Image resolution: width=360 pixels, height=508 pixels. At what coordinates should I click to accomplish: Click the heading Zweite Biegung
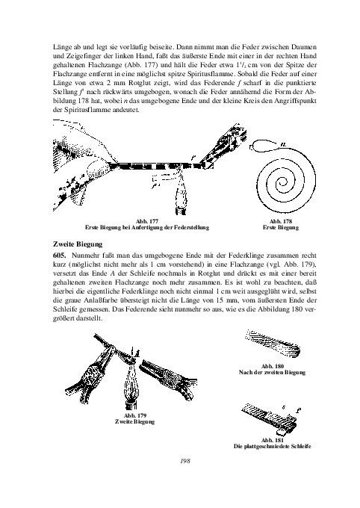(78, 244)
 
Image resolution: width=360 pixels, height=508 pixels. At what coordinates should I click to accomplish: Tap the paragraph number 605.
(59, 256)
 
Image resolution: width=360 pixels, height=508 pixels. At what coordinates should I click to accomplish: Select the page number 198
(185, 461)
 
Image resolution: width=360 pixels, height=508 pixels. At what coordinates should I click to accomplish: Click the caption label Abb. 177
(147, 221)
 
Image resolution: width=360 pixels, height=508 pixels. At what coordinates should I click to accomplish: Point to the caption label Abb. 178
(281, 221)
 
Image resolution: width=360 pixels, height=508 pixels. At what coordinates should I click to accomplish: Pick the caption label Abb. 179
(134, 415)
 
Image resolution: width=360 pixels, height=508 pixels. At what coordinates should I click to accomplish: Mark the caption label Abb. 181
(272, 440)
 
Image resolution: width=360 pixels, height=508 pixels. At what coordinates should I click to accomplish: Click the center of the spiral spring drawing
(284, 183)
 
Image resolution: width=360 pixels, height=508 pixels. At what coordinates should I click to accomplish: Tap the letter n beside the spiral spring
(283, 144)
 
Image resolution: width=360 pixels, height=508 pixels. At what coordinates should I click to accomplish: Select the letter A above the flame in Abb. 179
(137, 353)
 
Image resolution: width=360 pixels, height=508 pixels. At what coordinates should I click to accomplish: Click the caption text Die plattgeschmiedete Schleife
(272, 447)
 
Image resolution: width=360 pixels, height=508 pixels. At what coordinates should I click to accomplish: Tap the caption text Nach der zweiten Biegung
(272, 373)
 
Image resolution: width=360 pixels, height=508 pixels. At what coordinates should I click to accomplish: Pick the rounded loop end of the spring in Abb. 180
(296, 350)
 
